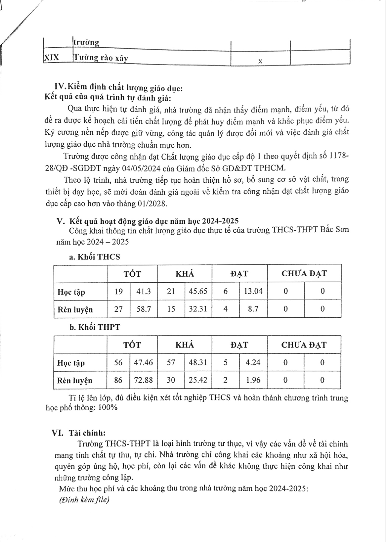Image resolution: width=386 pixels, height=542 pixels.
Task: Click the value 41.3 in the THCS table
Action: (143, 291)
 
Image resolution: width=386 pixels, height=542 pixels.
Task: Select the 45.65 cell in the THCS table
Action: (198, 291)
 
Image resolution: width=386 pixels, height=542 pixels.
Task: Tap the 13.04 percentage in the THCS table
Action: (253, 291)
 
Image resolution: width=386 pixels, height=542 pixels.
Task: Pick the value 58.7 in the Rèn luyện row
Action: (143, 309)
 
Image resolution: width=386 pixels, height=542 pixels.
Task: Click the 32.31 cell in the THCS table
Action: (198, 309)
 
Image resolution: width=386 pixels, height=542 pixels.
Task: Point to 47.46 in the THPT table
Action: (143, 363)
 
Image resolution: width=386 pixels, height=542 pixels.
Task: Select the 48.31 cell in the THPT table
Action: (198, 363)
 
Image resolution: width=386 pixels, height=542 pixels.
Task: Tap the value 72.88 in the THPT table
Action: (143, 380)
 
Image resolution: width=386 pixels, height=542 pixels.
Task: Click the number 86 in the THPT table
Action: (118, 380)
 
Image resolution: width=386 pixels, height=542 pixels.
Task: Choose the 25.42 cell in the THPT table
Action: (198, 380)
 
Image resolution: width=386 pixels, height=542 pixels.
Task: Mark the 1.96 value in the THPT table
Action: (253, 380)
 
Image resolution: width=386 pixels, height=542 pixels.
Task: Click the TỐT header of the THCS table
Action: (132, 274)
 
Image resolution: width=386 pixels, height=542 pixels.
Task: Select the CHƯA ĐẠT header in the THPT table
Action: (304, 345)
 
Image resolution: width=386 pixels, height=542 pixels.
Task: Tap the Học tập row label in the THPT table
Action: (71, 363)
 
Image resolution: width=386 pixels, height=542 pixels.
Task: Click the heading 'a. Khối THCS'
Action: (95, 257)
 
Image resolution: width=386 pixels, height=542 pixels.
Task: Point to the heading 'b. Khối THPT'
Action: (95, 327)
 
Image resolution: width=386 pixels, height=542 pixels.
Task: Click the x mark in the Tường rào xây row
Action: (260, 61)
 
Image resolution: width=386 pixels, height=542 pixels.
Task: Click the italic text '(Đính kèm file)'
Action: (84, 500)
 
